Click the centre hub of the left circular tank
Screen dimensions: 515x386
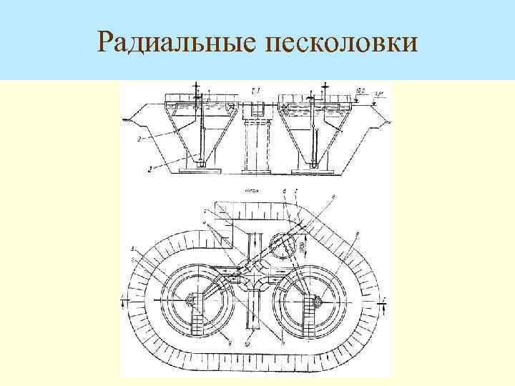point(193,301)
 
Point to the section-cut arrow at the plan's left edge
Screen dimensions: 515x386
point(124,300)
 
